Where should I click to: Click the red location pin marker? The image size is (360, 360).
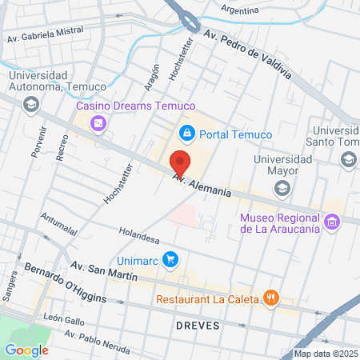point(181,162)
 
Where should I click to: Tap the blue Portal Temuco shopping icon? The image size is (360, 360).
point(186,132)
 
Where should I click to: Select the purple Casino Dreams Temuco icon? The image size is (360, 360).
point(98,122)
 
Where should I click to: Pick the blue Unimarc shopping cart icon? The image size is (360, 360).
point(170,259)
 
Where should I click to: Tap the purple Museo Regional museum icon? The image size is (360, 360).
point(330,222)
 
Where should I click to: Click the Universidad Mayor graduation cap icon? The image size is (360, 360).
point(281,188)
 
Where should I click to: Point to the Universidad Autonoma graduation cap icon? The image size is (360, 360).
point(30,103)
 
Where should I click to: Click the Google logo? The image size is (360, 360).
point(26,350)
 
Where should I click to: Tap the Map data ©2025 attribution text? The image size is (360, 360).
point(325,354)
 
